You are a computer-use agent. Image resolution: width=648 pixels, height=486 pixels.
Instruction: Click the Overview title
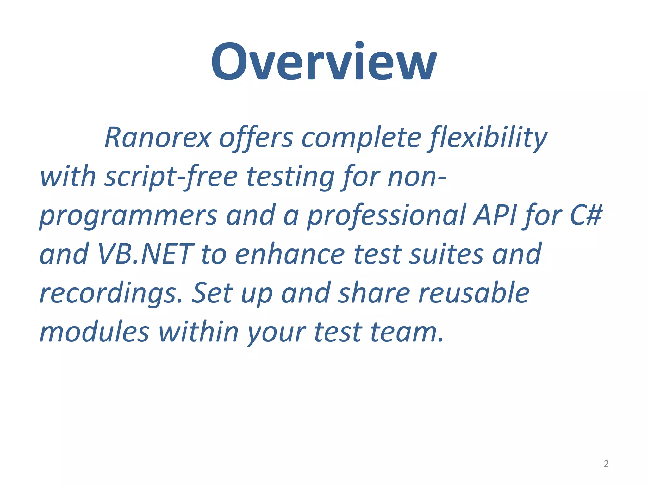coord(324,62)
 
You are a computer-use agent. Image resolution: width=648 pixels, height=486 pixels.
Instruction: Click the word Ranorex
coord(158,138)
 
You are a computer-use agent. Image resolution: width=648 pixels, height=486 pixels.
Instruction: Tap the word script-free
coord(171,177)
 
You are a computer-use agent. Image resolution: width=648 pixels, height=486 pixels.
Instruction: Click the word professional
coord(386,215)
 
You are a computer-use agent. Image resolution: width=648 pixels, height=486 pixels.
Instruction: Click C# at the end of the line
coord(585,215)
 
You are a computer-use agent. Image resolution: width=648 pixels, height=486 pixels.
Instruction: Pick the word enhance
coord(290,254)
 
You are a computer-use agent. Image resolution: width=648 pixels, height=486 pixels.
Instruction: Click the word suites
coord(446,254)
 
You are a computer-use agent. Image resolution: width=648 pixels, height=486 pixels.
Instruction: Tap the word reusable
coord(474,293)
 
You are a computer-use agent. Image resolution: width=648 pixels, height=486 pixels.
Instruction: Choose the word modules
coord(94,332)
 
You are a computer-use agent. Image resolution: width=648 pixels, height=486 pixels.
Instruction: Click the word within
coord(198,332)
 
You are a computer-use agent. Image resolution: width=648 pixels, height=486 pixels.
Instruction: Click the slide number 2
coord(606,464)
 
